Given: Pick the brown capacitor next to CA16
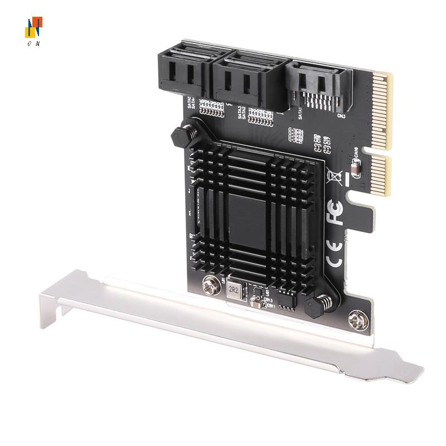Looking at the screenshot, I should coord(355,166).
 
